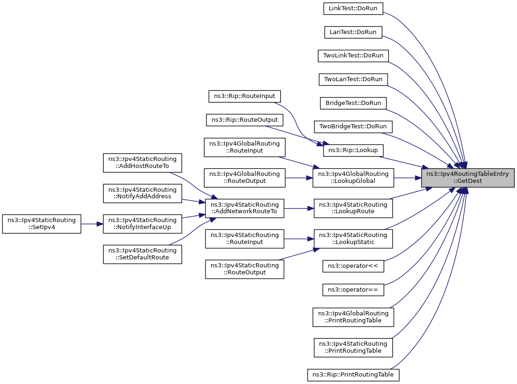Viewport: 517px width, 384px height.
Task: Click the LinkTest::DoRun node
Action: (x=354, y=8)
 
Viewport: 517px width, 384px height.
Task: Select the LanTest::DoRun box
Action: (x=354, y=32)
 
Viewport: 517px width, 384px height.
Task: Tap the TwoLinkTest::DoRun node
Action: (x=353, y=56)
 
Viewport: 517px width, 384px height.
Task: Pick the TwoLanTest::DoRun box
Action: (x=353, y=79)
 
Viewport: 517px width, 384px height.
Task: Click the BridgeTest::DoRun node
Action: (x=353, y=103)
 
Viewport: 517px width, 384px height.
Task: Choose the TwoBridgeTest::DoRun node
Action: (x=353, y=126)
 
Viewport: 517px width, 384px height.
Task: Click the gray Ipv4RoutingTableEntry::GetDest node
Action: (x=468, y=177)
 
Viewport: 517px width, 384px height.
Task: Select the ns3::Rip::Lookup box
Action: (x=354, y=151)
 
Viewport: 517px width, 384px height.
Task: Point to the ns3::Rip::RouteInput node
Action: (x=245, y=96)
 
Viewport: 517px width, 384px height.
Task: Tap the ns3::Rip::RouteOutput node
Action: (x=245, y=120)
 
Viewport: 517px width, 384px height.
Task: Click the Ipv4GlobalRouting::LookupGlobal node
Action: (x=353, y=177)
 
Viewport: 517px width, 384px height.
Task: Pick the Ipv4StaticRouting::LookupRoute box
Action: (x=353, y=208)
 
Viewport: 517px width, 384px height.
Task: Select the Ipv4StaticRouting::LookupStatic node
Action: (x=353, y=238)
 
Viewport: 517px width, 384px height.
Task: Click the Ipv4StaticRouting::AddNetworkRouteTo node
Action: (x=245, y=208)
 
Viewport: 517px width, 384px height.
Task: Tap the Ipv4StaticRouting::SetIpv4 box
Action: (x=42, y=223)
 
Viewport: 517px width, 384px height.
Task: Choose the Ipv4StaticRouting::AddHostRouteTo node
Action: (x=142, y=162)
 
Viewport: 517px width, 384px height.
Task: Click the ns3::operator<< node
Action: (x=354, y=266)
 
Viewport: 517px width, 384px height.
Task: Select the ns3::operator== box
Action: (x=354, y=290)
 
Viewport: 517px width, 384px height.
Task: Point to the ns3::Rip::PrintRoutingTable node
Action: (x=354, y=374)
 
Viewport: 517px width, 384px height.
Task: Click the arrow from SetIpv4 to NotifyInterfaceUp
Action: (x=92, y=223)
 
